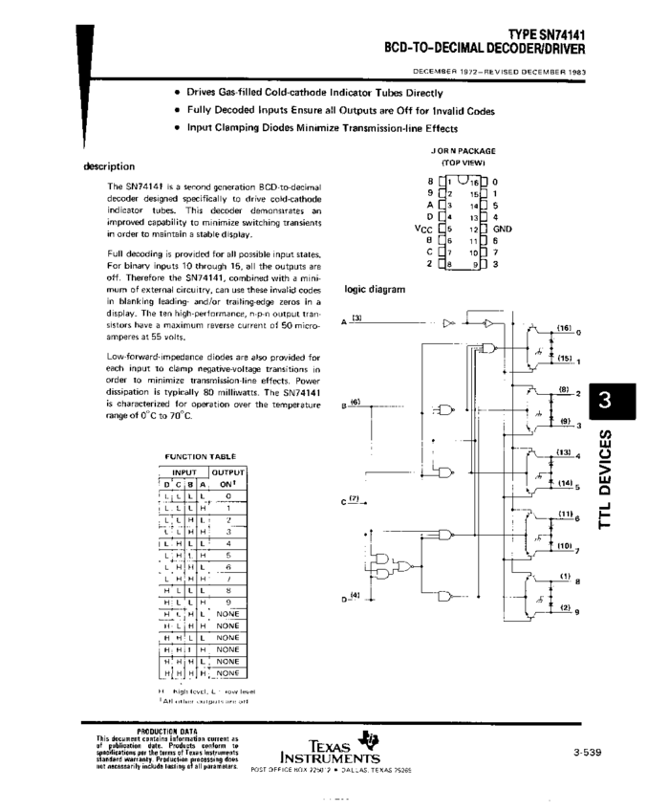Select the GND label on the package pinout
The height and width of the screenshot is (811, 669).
click(x=503, y=229)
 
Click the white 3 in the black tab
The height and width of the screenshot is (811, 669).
click(x=604, y=403)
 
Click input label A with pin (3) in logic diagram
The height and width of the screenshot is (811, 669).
click(x=346, y=323)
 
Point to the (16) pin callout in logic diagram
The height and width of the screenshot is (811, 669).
click(x=563, y=327)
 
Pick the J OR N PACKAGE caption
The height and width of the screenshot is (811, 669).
click(x=463, y=151)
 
